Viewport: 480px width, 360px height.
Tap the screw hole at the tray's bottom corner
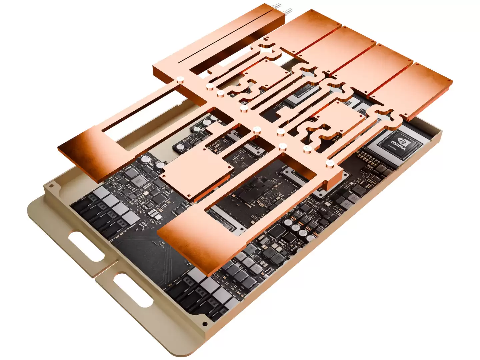(x=205, y=324)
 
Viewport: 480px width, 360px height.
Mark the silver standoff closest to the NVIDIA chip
(x=330, y=163)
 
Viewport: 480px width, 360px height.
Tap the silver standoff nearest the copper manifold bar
(x=180, y=79)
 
